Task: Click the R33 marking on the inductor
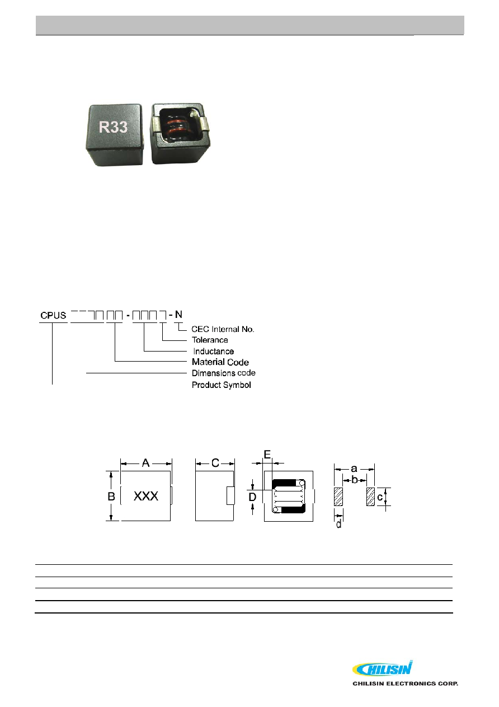click(x=113, y=127)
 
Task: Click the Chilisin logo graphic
click(x=382, y=668)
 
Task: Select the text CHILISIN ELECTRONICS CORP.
click(x=406, y=683)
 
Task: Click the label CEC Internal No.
click(x=223, y=329)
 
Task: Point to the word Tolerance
click(x=210, y=340)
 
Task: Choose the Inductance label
click(x=214, y=352)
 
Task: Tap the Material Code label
click(x=220, y=362)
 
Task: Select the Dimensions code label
click(x=224, y=373)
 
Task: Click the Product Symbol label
click(x=222, y=385)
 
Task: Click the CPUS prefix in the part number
click(x=53, y=315)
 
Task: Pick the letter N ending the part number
click(x=178, y=315)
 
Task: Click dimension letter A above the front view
click(x=145, y=463)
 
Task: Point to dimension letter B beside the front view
click(x=111, y=496)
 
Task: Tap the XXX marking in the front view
click(x=145, y=496)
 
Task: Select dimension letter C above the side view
click(x=215, y=463)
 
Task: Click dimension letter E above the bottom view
click(x=267, y=455)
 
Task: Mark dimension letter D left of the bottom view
click(x=252, y=497)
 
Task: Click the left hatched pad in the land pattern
click(x=338, y=497)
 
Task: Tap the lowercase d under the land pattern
click(x=339, y=525)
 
